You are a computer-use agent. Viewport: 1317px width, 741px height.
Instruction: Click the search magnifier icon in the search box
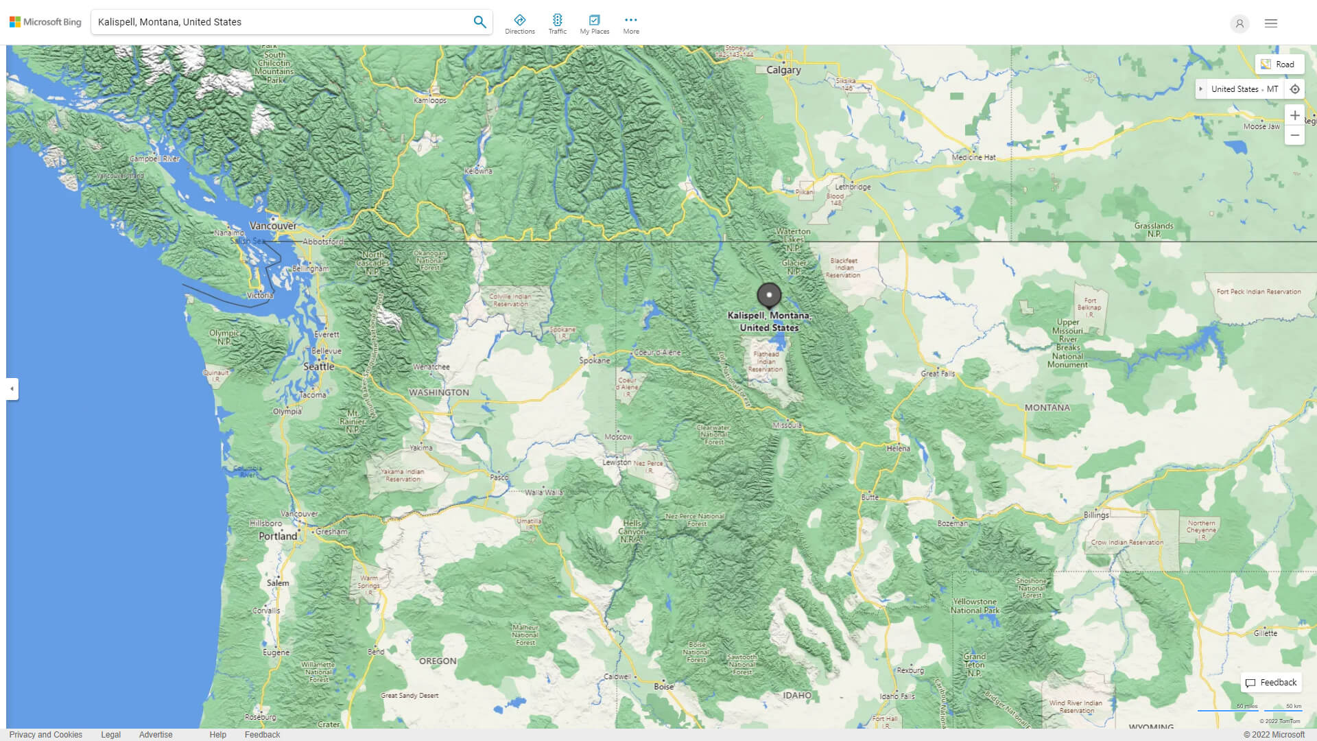(479, 22)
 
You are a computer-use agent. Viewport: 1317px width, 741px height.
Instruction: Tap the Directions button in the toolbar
(519, 24)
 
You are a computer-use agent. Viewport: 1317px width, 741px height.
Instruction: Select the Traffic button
(557, 24)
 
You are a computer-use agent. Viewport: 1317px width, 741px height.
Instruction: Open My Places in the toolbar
(594, 24)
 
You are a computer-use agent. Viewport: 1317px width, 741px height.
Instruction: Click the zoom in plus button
(1294, 115)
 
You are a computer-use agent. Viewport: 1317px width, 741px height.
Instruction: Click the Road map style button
(1279, 64)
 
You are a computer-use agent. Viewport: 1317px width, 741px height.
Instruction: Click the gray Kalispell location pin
(769, 295)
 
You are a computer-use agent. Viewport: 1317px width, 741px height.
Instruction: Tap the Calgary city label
(783, 70)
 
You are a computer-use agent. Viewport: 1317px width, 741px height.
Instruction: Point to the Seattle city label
(318, 366)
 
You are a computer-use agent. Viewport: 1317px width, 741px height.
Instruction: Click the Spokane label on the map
(594, 360)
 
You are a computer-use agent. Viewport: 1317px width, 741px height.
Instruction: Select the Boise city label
(663, 686)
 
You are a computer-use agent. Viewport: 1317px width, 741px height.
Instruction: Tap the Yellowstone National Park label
(975, 606)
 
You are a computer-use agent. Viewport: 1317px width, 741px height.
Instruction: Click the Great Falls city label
(938, 374)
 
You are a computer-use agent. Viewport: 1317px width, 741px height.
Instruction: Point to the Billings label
(1095, 515)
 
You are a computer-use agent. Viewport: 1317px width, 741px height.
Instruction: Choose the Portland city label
(278, 536)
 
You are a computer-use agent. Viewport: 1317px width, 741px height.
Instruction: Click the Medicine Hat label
(973, 157)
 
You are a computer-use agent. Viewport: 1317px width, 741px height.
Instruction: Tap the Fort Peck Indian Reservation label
(1258, 292)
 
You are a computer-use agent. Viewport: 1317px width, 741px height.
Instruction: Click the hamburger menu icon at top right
(1270, 23)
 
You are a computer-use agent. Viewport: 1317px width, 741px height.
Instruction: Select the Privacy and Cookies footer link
(46, 734)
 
